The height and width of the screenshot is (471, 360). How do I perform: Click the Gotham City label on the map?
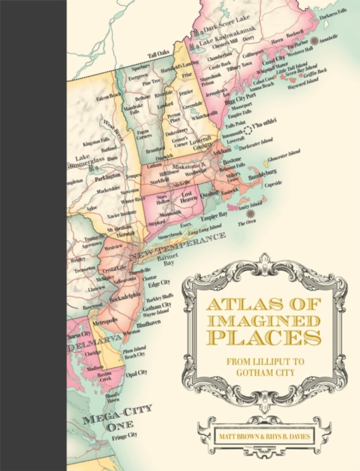[x=160, y=305]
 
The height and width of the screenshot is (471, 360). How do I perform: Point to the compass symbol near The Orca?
[x=249, y=214]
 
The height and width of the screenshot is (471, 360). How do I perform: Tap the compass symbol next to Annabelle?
[x=314, y=41]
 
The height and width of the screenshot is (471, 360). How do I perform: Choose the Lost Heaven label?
[x=188, y=197]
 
